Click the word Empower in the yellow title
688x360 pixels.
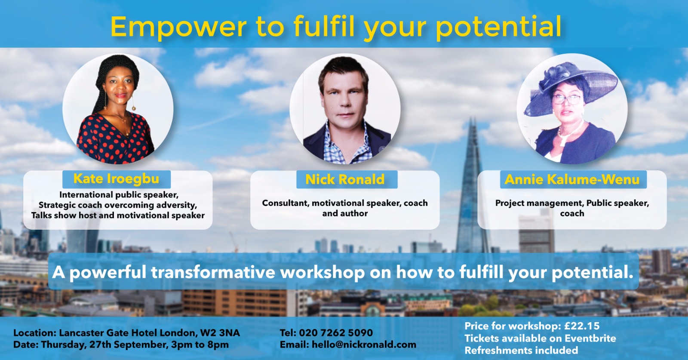click(178, 27)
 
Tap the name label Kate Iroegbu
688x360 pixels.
click(116, 179)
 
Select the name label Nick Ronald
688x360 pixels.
click(345, 179)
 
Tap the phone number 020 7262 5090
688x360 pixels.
click(336, 332)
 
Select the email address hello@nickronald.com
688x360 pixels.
click(364, 345)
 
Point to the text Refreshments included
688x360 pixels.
click(521, 350)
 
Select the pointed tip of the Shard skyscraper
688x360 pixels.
click(472, 118)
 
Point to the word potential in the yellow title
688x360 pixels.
click(498, 28)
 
